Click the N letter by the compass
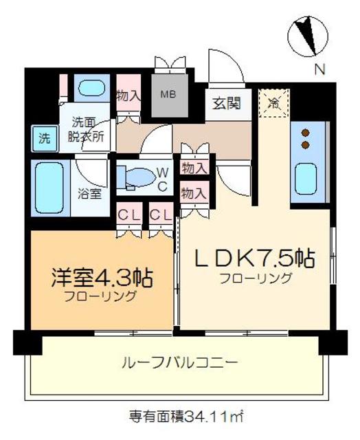click(319, 69)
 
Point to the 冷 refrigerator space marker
click(273, 104)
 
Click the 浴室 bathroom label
click(91, 193)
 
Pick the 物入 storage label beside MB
click(128, 96)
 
